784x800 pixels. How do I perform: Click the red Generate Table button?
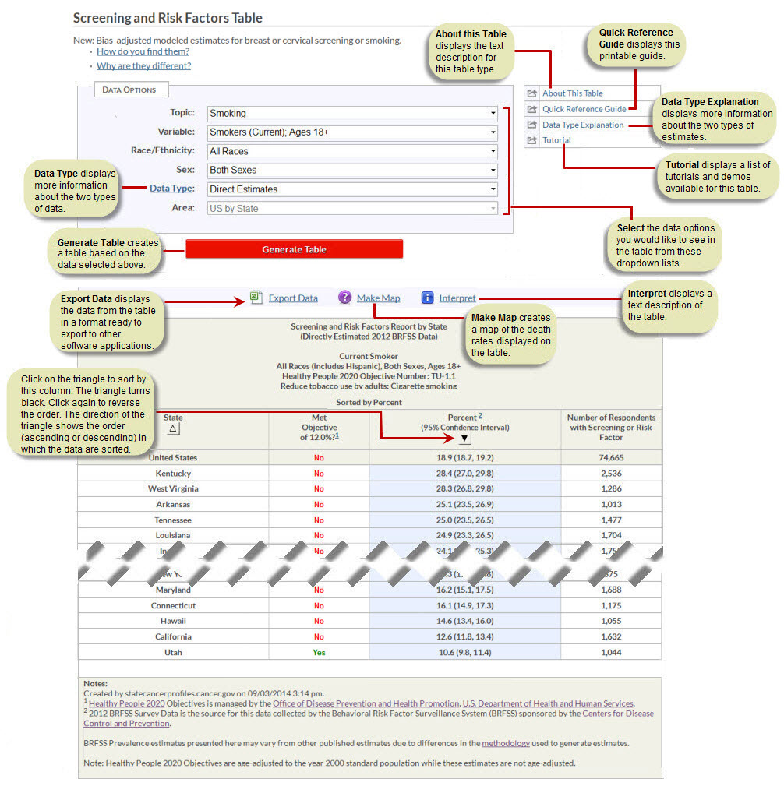click(294, 249)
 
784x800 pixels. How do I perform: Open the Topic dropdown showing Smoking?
click(352, 113)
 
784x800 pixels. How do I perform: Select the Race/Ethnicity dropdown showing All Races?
click(352, 151)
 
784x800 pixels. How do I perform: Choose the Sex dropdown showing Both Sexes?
click(352, 170)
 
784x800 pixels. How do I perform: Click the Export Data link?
click(293, 298)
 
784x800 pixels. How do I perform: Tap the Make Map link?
click(378, 298)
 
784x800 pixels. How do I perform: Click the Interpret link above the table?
click(457, 298)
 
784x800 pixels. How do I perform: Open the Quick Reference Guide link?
click(584, 109)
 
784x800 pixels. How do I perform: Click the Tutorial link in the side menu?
click(556, 140)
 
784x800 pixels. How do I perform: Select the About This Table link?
click(572, 93)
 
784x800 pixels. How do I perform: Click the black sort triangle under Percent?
click(465, 439)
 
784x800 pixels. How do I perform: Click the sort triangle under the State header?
click(174, 428)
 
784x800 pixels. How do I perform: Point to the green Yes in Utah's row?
click(319, 652)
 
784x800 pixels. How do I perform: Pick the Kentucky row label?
click(173, 474)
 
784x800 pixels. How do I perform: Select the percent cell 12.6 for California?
click(464, 636)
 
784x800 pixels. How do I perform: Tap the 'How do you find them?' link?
click(143, 51)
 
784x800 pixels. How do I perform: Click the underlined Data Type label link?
click(172, 189)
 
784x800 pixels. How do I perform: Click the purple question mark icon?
click(344, 298)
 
